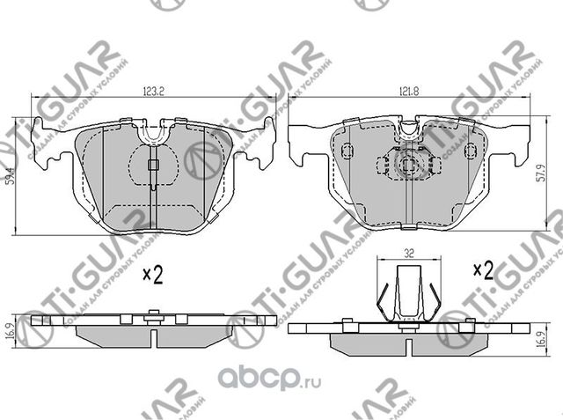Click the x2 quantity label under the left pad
tap(153, 276)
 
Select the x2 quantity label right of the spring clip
tap(484, 268)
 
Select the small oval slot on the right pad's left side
tap(346, 151)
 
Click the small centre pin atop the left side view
tap(153, 313)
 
